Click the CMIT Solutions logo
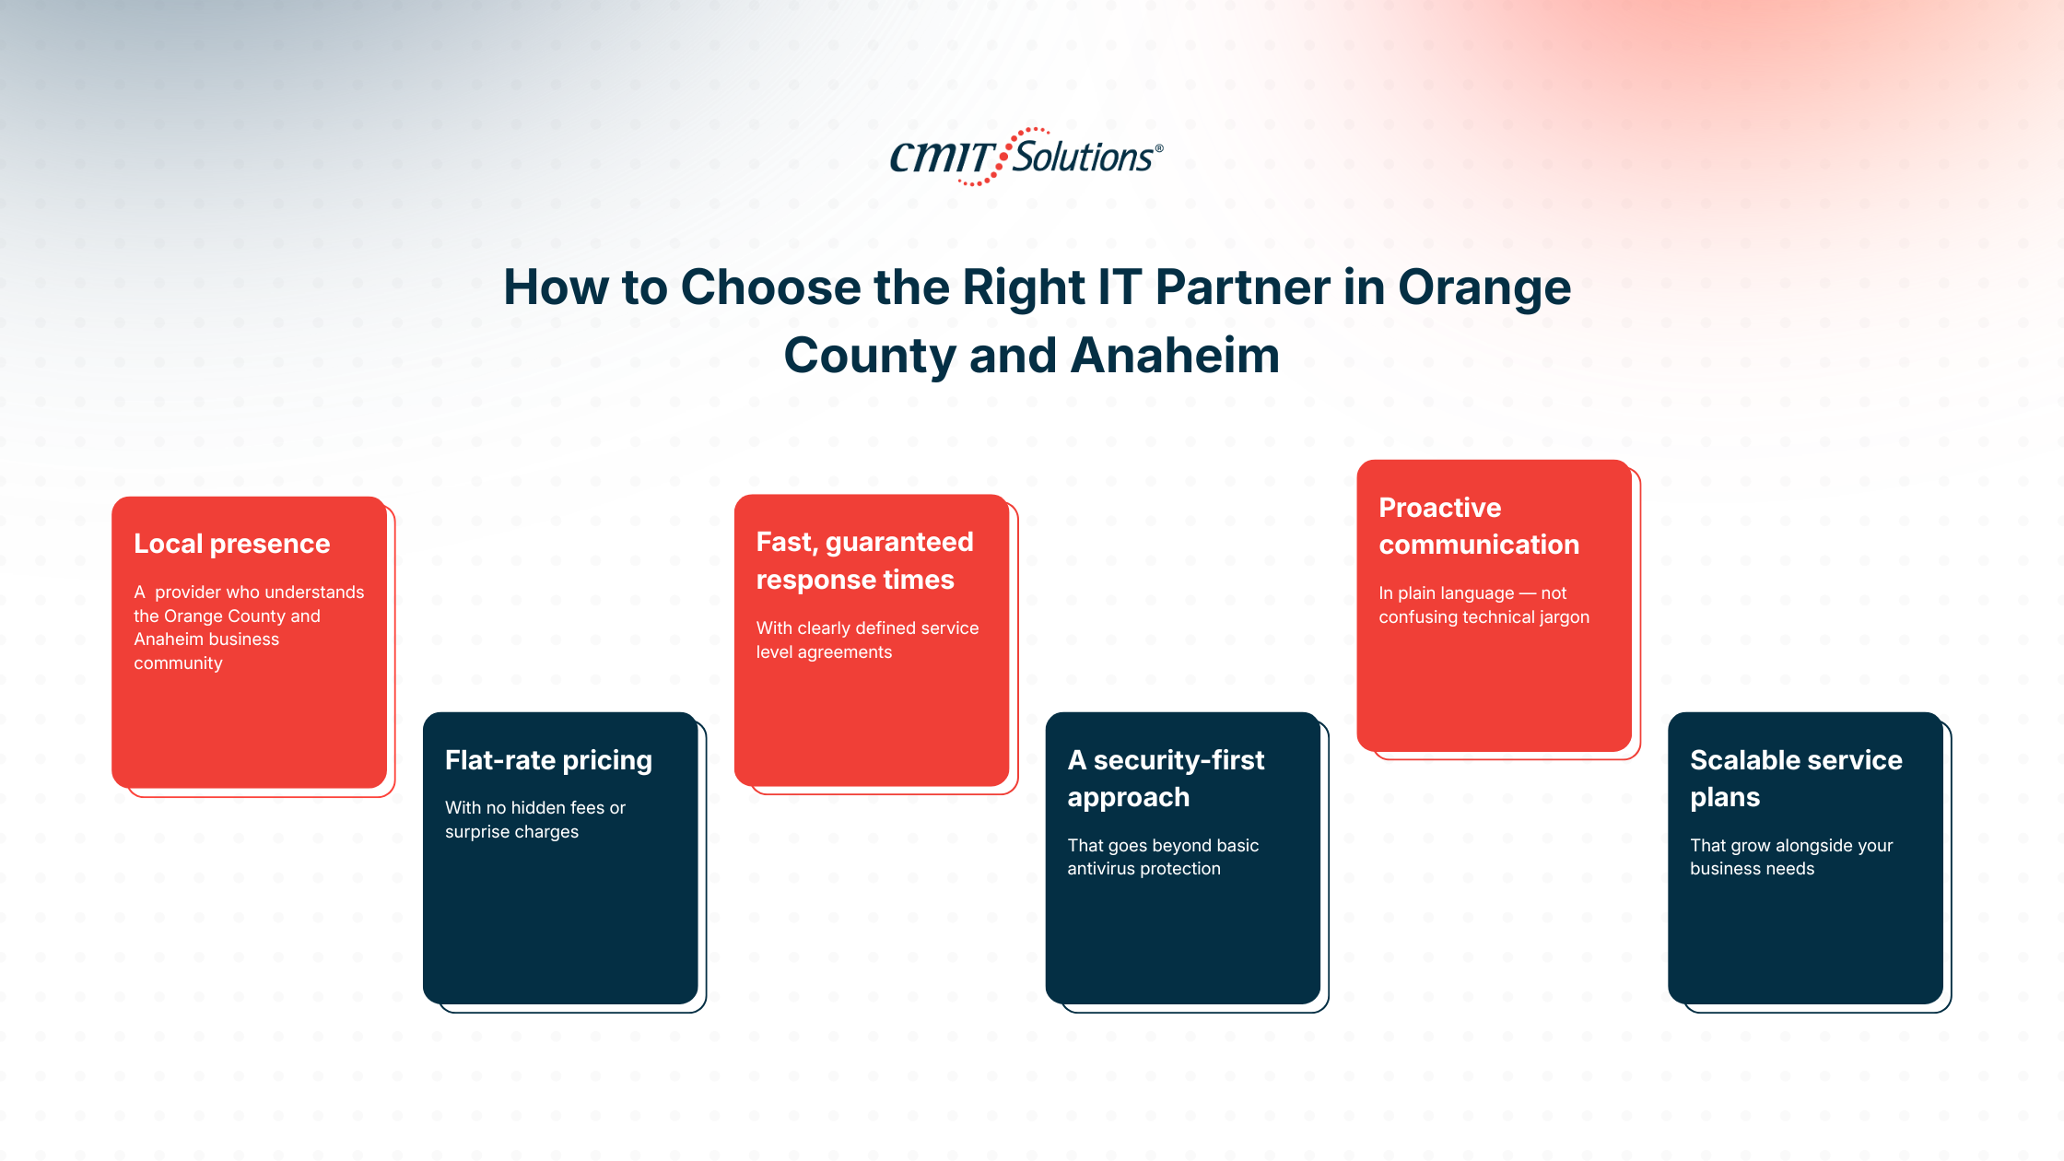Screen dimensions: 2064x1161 1026,157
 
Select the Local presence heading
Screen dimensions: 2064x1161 232,544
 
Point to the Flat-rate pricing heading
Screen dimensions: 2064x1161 548,760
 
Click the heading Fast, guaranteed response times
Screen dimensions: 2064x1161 864,560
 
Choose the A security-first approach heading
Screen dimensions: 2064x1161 1166,779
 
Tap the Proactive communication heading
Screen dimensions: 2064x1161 1479,526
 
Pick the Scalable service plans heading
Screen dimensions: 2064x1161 1796,779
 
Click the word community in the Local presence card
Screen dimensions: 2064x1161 178,663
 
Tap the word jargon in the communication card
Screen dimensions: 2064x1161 1561,617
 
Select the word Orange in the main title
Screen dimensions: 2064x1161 1484,289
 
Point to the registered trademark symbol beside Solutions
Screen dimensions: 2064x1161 1159,148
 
